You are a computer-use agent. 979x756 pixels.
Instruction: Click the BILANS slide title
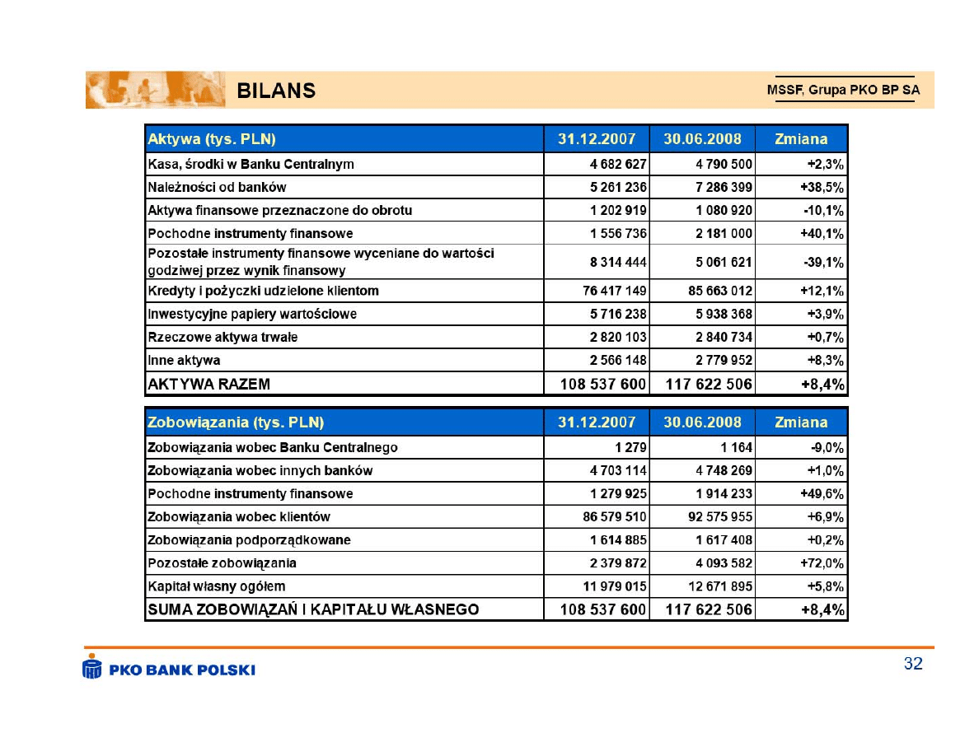coord(276,91)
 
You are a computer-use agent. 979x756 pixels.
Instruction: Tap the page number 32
coord(913,664)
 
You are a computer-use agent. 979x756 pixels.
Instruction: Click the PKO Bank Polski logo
coord(169,668)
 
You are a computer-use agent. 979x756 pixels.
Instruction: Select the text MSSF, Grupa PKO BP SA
coord(843,91)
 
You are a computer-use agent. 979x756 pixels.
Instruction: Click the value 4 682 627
coord(617,164)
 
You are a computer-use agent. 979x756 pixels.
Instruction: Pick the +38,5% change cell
coord(821,187)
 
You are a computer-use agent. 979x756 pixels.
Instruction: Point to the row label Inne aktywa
coord(184,360)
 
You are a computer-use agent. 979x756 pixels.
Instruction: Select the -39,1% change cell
coord(822,262)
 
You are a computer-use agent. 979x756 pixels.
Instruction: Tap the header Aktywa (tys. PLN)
coord(211,138)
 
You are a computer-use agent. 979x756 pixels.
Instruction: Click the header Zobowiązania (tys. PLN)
coord(235,422)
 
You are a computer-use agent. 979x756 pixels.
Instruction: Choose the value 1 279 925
coord(618,493)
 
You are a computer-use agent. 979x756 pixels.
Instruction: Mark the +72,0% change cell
coord(822,563)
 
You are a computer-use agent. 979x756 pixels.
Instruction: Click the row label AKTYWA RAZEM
coord(208,384)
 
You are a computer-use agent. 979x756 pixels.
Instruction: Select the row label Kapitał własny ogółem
coord(216,586)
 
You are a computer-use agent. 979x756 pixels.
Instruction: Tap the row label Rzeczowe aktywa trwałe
coord(222,337)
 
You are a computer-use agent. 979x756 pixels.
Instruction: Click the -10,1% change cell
coord(823,210)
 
